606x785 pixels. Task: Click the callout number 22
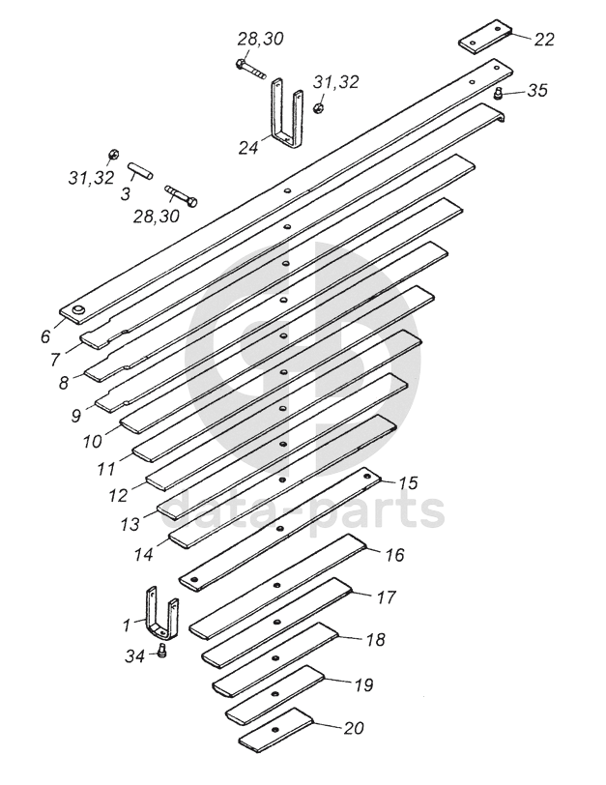pyautogui.click(x=544, y=40)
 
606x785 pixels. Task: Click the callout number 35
pyautogui.click(x=537, y=90)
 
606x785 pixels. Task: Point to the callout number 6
pyautogui.click(x=44, y=337)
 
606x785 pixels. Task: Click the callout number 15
pyautogui.click(x=408, y=481)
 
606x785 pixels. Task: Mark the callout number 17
pyautogui.click(x=386, y=597)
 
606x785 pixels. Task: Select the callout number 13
pyautogui.click(x=130, y=523)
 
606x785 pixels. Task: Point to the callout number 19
pyautogui.click(x=362, y=685)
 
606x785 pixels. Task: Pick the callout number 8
pyautogui.click(x=64, y=383)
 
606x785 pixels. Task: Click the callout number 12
pyautogui.click(x=119, y=494)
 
